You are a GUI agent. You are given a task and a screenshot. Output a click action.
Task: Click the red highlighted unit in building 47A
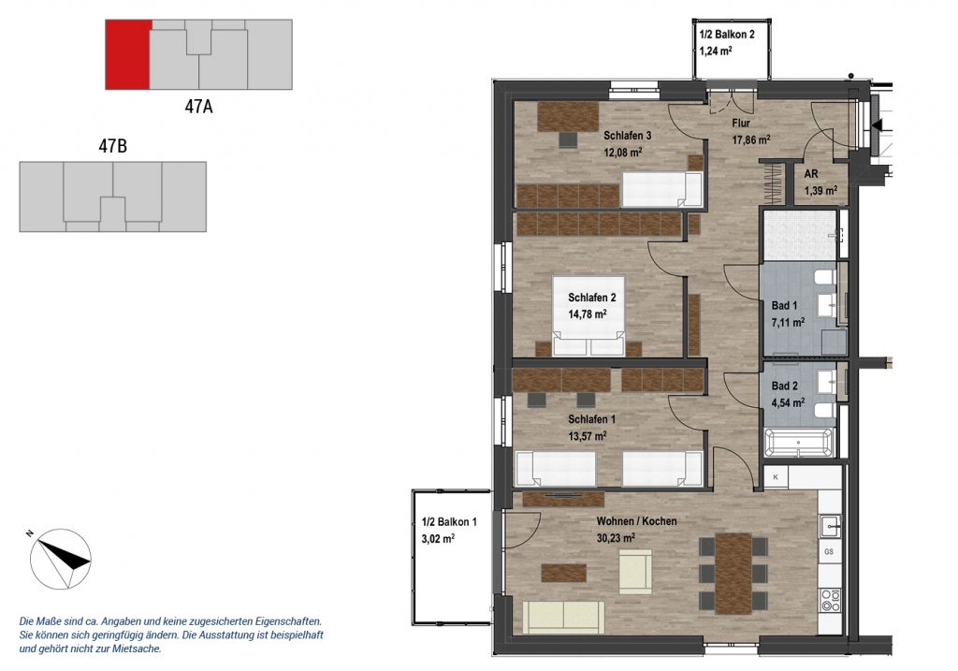coord(128,54)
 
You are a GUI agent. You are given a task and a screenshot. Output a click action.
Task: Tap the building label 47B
coord(113,147)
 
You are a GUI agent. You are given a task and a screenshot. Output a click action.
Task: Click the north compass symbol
coord(61,559)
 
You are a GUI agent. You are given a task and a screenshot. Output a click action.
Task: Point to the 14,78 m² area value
coord(588,314)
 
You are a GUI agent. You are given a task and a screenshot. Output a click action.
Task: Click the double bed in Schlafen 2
coord(588,316)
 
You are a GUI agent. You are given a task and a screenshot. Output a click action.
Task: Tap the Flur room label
coord(741,124)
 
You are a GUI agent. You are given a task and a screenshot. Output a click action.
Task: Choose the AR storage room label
coord(811,174)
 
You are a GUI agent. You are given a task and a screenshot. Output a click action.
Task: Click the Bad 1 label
coord(785,306)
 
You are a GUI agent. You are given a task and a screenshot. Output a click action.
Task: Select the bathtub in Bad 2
coord(799,442)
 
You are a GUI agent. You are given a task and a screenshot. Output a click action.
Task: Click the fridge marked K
coord(776,476)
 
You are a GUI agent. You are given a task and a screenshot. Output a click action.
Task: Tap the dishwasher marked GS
coord(829,551)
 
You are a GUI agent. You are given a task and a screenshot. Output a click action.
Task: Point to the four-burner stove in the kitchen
coord(830,600)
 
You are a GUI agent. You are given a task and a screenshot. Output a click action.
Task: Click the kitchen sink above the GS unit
coord(831,526)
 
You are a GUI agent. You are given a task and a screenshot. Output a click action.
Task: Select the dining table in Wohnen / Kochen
coord(733,574)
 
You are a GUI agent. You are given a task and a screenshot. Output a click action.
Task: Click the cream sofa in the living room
coord(563,618)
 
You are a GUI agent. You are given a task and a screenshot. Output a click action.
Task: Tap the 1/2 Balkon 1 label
coord(449,522)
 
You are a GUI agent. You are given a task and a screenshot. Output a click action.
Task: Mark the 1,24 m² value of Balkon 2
coord(716,51)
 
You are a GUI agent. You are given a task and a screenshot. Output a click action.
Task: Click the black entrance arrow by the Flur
coord(878,125)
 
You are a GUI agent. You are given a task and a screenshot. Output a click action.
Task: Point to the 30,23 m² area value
coord(616,538)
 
